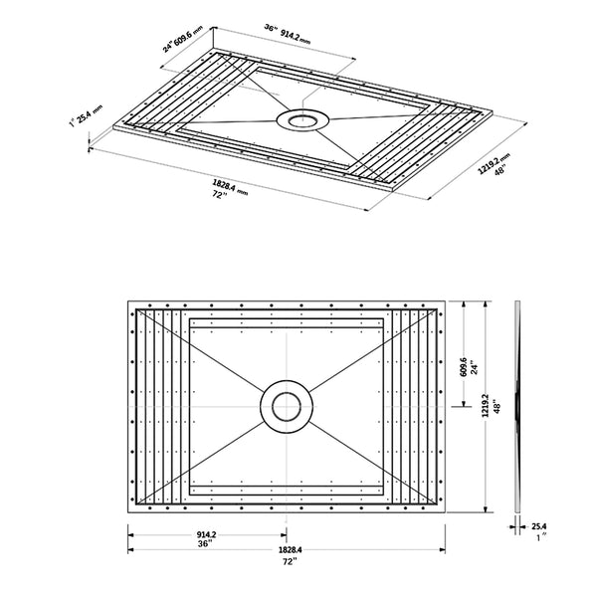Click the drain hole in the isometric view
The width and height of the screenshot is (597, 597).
[298, 120]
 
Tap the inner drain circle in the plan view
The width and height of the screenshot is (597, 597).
[286, 406]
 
